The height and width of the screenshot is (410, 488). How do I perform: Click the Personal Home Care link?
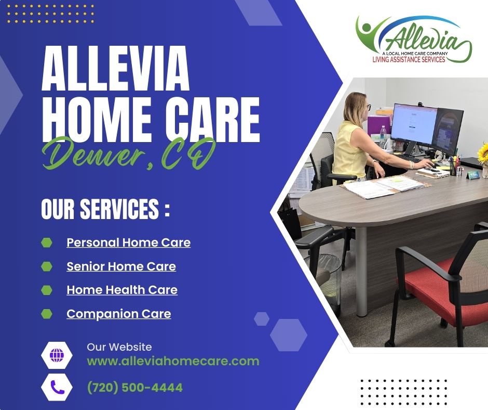coord(129,242)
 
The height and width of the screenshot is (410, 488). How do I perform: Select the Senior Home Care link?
coord(121,266)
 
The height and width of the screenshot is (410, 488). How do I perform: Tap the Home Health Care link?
coord(122,290)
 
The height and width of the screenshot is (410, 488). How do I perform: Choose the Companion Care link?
coord(118,314)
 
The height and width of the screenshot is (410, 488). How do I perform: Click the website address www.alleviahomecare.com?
coord(173,361)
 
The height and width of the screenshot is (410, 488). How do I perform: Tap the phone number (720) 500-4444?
coord(135,388)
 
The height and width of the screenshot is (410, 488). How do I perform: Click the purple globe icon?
coord(57,355)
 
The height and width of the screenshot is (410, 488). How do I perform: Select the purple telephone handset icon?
coord(57,387)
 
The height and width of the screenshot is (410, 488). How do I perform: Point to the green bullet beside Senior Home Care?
coord(46,266)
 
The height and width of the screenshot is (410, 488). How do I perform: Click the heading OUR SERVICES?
coord(105,209)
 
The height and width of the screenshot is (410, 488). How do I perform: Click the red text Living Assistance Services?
coord(409,59)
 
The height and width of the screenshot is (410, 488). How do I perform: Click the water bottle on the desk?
coord(383,136)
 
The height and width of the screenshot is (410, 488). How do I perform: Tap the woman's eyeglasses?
coord(368,107)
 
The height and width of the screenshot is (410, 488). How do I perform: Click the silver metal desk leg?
coord(362,272)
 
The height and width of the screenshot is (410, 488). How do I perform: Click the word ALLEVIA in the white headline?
coord(116,69)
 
